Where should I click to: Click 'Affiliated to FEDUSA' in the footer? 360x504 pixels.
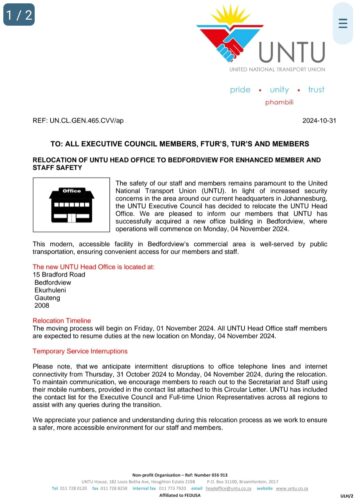point(181,495)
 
